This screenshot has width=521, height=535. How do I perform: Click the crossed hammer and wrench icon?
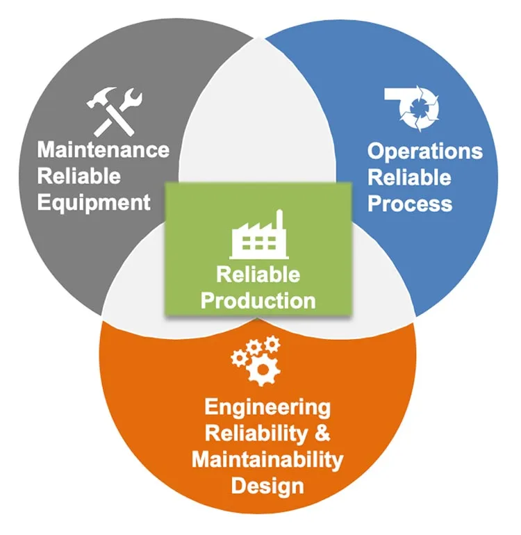(115, 110)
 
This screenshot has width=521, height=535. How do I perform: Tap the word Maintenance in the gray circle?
(103, 150)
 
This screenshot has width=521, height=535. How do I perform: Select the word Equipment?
(94, 202)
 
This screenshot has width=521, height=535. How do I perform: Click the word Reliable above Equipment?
(78, 176)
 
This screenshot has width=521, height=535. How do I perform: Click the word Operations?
(424, 151)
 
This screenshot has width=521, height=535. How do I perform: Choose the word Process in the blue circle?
(410, 204)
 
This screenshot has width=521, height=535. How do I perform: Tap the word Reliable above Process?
(409, 177)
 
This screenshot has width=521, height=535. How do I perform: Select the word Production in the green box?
(258, 300)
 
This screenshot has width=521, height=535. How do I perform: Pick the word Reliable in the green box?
(258, 274)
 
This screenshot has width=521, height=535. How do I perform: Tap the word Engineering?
(267, 408)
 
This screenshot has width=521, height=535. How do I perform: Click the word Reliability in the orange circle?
(254, 434)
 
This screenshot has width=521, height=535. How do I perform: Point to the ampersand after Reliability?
(322, 434)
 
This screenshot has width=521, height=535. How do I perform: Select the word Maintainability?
(267, 459)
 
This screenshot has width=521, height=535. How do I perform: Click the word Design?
(267, 485)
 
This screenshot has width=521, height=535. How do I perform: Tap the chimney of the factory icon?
(279, 221)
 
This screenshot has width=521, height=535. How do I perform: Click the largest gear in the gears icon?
(263, 369)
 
